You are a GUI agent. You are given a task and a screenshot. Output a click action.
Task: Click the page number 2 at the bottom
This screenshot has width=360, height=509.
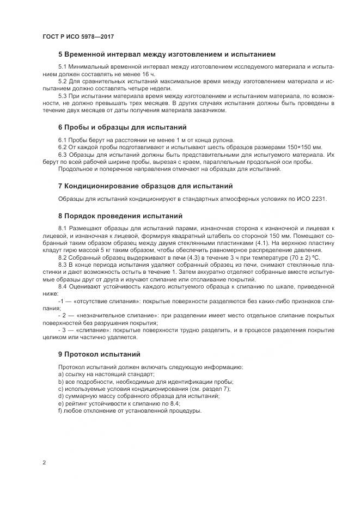[x=44, y=463]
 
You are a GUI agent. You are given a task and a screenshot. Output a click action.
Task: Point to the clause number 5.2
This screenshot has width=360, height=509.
[x=63, y=81]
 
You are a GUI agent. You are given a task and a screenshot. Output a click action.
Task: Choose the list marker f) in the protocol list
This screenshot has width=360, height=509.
[x=60, y=410]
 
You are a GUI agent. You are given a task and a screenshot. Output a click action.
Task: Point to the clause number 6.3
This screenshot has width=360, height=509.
[x=63, y=155]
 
